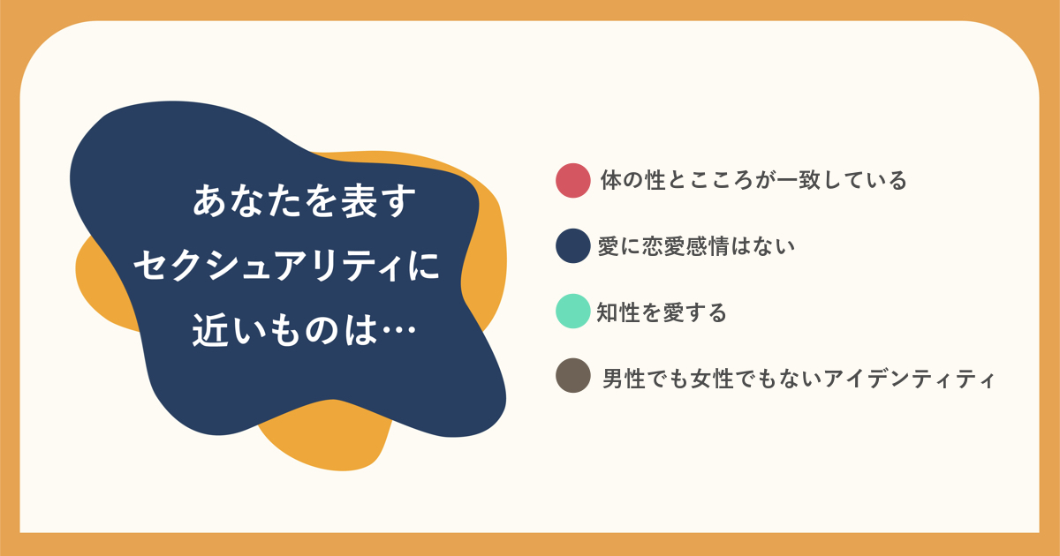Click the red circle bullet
[573, 181]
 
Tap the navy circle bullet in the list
[573, 246]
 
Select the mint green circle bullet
[573, 311]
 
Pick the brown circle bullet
[573, 376]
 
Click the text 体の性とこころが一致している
[753, 181]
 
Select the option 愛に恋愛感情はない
[696, 246]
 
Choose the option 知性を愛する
[662, 312]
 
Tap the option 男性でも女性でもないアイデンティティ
[799, 379]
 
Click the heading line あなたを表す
[304, 201]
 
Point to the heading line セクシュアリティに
[287, 266]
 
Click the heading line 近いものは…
[304, 329]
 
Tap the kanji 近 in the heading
[210, 330]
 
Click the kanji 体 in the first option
[611, 181]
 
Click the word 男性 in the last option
[625, 379]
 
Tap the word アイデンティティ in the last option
[910, 379]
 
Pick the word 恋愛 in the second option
[664, 246]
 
